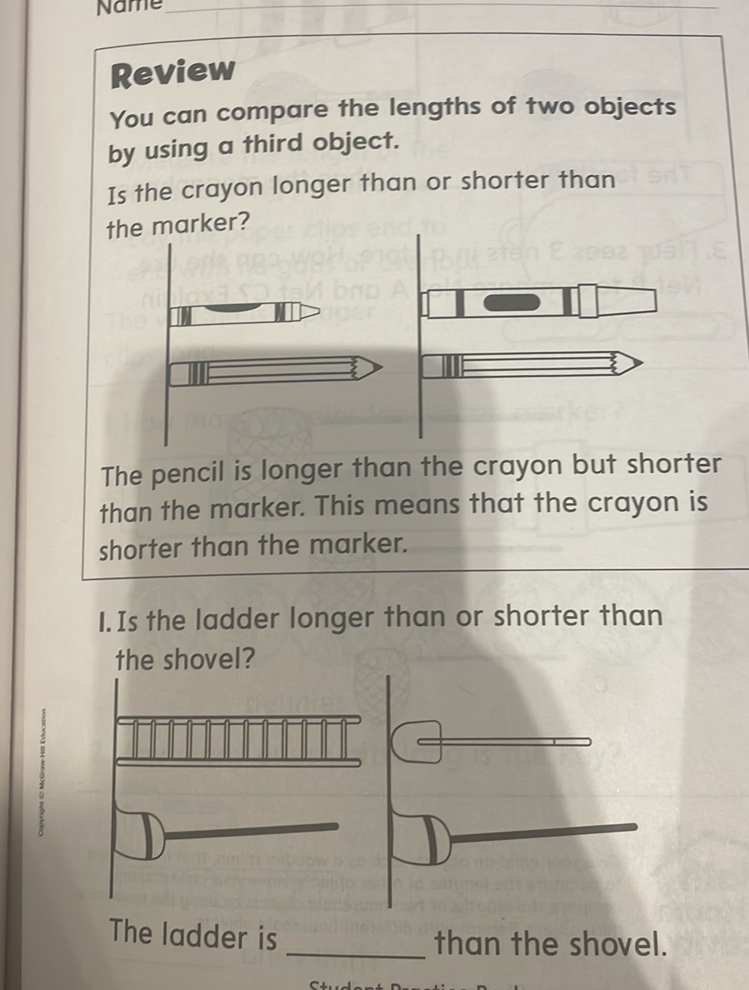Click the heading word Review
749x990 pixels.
point(173,72)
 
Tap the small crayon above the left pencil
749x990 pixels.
point(242,311)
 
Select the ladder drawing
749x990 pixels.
point(238,739)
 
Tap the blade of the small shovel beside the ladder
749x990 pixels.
point(418,741)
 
